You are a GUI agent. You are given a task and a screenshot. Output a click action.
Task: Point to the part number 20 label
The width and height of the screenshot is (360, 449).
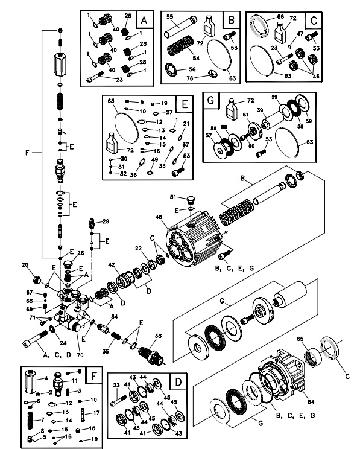click(x=25, y=265)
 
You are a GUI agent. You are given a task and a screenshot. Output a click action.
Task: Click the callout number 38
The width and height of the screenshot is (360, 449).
click(x=159, y=337)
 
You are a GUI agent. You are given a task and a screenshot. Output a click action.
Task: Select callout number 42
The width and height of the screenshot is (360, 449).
click(x=111, y=264)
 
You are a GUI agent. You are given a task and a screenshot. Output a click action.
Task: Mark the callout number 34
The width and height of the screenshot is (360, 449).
click(x=114, y=317)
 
